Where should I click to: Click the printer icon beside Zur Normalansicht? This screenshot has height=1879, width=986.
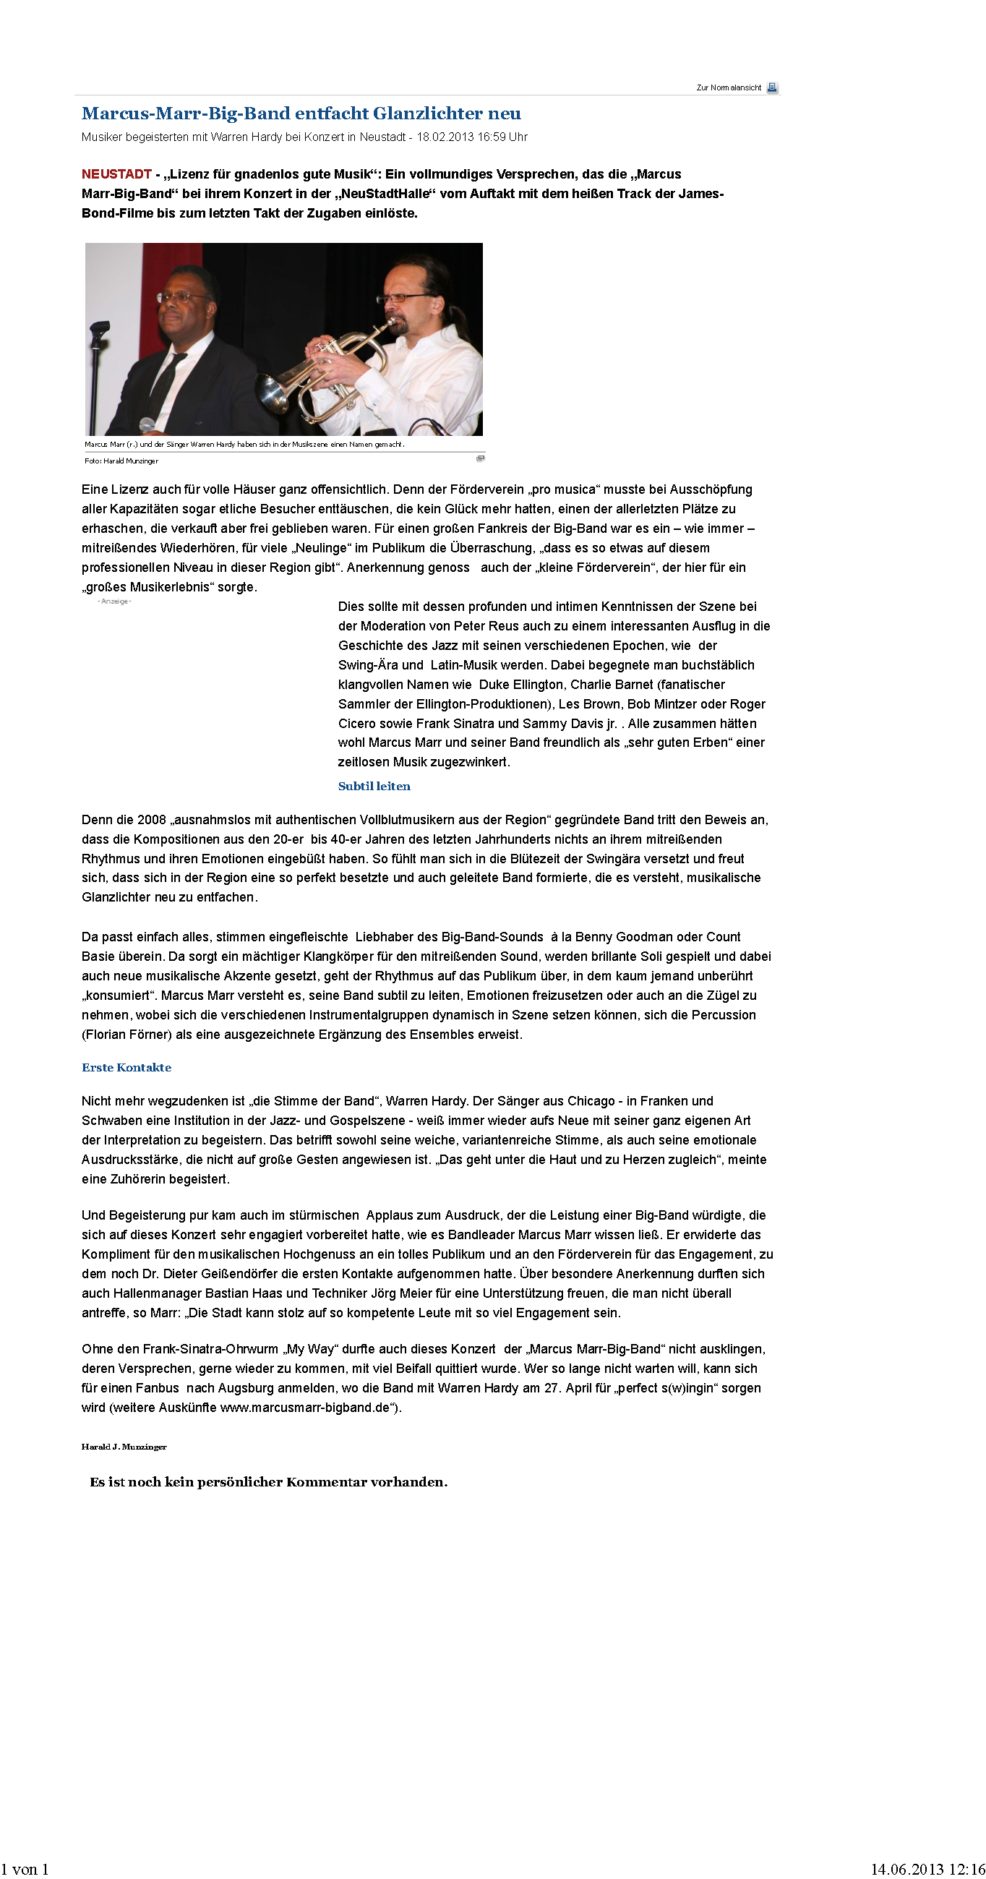772,87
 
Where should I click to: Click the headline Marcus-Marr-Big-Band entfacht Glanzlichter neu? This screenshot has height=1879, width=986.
301,114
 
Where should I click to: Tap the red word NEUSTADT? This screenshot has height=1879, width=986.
116,174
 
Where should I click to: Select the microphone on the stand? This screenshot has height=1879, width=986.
99,330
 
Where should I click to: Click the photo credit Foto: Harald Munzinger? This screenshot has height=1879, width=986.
121,461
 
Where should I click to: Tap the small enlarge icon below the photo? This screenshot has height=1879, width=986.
480,459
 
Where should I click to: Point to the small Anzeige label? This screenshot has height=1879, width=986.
114,601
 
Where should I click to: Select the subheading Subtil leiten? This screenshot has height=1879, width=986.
374,787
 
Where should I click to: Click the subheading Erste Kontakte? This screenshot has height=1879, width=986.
127,1068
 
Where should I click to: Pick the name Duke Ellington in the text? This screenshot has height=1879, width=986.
520,685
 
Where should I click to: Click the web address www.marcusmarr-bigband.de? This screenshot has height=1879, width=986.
305,1408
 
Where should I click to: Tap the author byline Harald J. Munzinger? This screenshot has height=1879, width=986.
124,1447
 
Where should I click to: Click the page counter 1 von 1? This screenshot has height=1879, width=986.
25,1869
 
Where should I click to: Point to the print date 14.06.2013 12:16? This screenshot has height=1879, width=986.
927,1869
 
